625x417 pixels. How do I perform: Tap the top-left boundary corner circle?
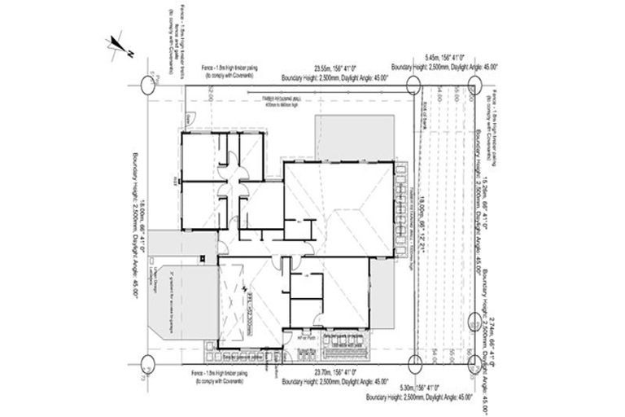tap(146, 84)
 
